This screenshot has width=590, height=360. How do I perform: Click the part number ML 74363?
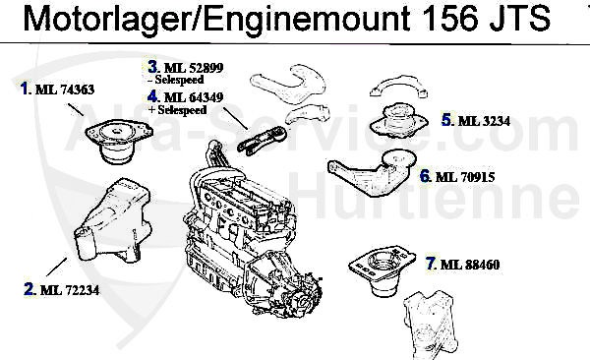point(65,90)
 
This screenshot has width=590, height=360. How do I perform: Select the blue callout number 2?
point(29,289)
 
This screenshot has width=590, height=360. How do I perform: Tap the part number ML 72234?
point(70,290)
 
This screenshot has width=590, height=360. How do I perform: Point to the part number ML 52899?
point(194,68)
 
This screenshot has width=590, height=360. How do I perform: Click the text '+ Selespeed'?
point(178,110)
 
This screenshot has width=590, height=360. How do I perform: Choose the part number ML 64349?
point(194,97)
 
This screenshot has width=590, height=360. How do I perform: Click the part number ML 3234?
point(484,121)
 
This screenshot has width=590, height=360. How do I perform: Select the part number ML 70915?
point(465,177)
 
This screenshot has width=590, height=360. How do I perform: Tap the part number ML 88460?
point(470,265)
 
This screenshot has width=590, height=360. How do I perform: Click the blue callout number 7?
point(431,264)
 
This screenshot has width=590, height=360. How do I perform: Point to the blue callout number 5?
point(446,120)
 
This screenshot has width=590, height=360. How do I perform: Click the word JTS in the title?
point(520,19)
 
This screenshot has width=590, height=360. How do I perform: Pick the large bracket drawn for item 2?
point(113,221)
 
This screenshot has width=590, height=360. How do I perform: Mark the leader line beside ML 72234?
point(57,267)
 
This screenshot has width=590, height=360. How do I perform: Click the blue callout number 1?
point(25,89)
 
